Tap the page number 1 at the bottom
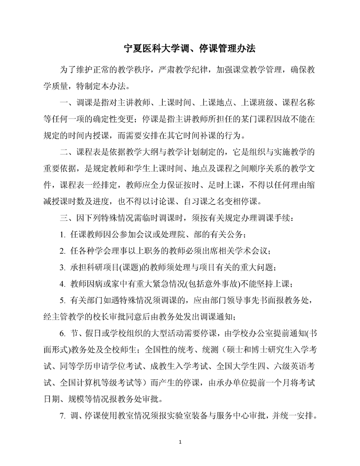click(x=180, y=442)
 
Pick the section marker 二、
click(x=66, y=153)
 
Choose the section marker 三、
click(x=66, y=218)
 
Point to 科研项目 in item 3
click(x=99, y=268)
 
